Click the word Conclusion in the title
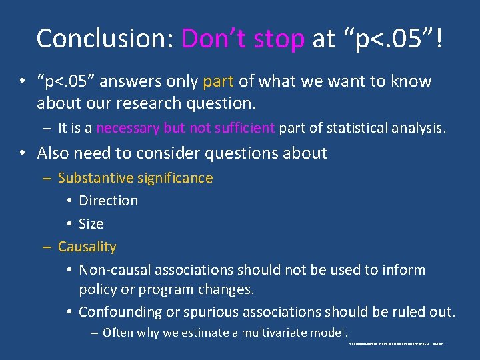[105, 39]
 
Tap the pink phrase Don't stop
[243, 39]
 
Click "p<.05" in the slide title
[389, 39]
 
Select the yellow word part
[218, 82]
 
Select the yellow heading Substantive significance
[135, 178]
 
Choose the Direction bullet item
[108, 201]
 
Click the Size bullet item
[91, 224]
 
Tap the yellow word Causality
[87, 247]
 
